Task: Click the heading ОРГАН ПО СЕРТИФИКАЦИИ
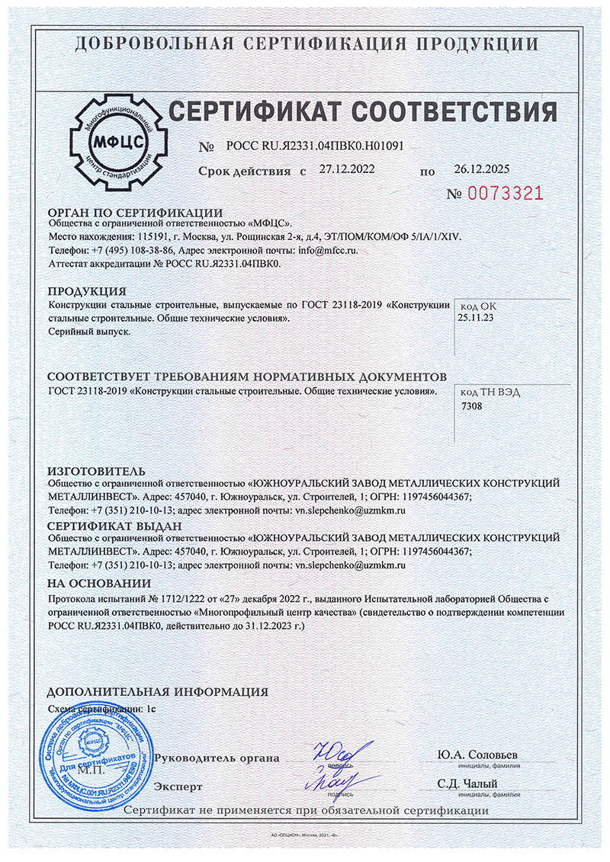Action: (135, 213)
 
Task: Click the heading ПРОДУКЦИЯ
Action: (87, 292)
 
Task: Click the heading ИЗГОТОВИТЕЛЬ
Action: (96, 471)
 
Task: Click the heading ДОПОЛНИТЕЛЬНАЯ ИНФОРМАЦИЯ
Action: (157, 692)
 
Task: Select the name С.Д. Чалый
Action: (467, 783)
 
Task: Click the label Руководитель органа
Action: (217, 758)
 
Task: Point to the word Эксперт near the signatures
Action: (178, 786)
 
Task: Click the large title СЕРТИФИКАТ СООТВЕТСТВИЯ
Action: (362, 112)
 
